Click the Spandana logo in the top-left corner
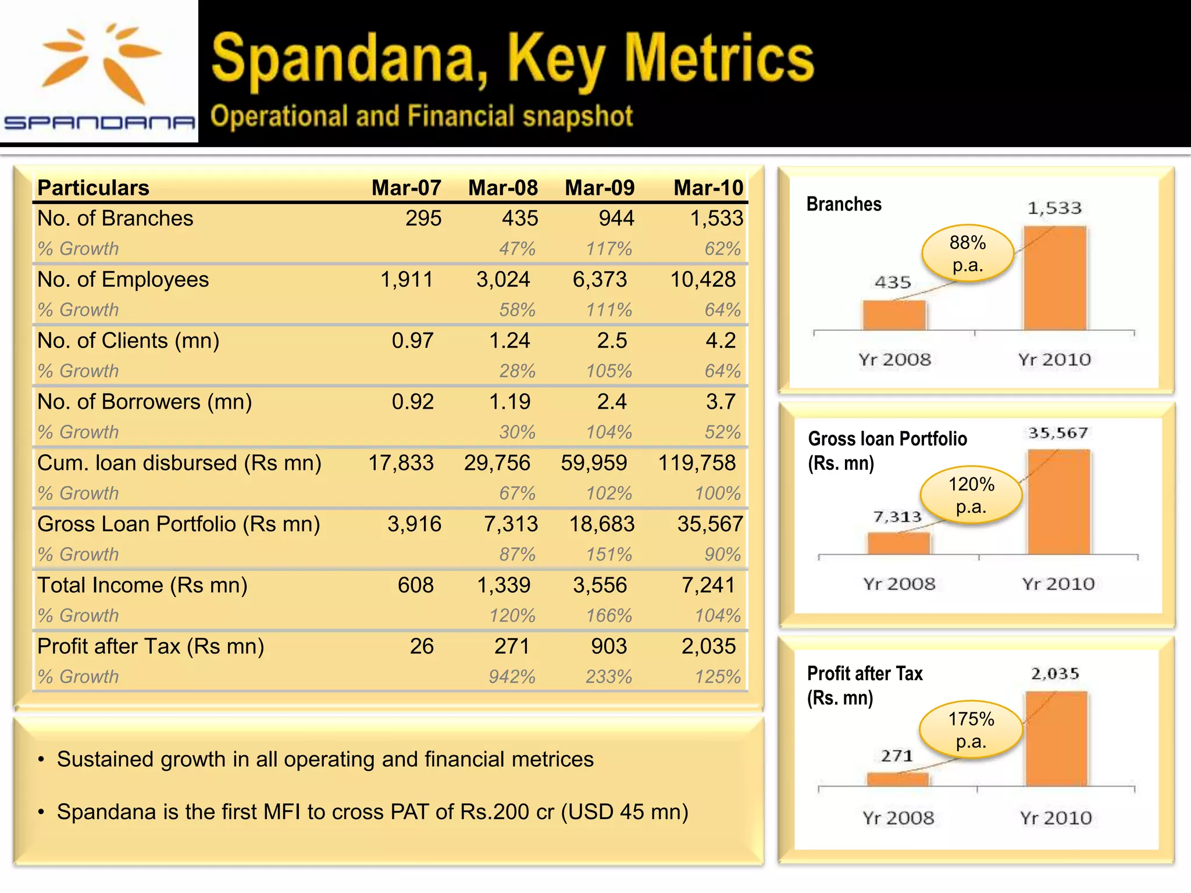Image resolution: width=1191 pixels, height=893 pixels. [99, 73]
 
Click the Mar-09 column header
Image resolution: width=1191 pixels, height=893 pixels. [599, 188]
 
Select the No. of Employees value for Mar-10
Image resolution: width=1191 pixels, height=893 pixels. [703, 280]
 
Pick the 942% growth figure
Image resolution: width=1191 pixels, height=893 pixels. [511, 677]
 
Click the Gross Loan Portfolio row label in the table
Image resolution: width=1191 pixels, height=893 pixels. [179, 524]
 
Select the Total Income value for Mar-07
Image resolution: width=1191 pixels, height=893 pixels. [415, 585]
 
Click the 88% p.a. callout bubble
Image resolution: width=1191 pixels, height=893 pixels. [967, 253]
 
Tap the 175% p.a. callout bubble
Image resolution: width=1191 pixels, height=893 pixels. [971, 730]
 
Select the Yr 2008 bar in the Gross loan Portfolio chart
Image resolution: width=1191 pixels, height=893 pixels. [898, 543]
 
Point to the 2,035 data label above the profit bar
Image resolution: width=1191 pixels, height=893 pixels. [1055, 674]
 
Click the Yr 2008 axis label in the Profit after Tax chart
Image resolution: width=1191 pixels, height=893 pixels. [898, 818]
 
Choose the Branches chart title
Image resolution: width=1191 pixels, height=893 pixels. [844, 204]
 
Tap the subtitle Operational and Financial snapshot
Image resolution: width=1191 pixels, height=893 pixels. [422, 116]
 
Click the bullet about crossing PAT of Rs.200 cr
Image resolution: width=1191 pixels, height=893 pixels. [372, 812]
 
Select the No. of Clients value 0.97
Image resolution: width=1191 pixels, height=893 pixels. [412, 341]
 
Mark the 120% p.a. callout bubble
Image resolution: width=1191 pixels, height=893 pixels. [971, 495]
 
